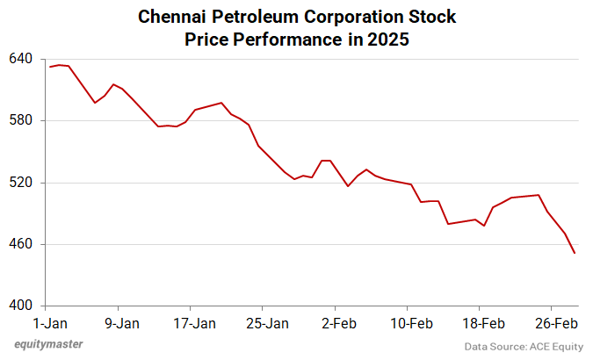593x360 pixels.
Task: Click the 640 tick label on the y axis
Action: [x=20, y=59]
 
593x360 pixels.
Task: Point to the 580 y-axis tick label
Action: [x=20, y=120]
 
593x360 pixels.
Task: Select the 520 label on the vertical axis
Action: [x=20, y=183]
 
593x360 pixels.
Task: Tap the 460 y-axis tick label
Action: [x=20, y=244]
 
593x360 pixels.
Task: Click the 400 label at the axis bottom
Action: [x=20, y=306]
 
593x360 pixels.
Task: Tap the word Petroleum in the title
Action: [x=255, y=18]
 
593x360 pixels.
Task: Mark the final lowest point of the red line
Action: [x=575, y=254]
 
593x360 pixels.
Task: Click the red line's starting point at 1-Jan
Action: [x=49, y=67]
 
